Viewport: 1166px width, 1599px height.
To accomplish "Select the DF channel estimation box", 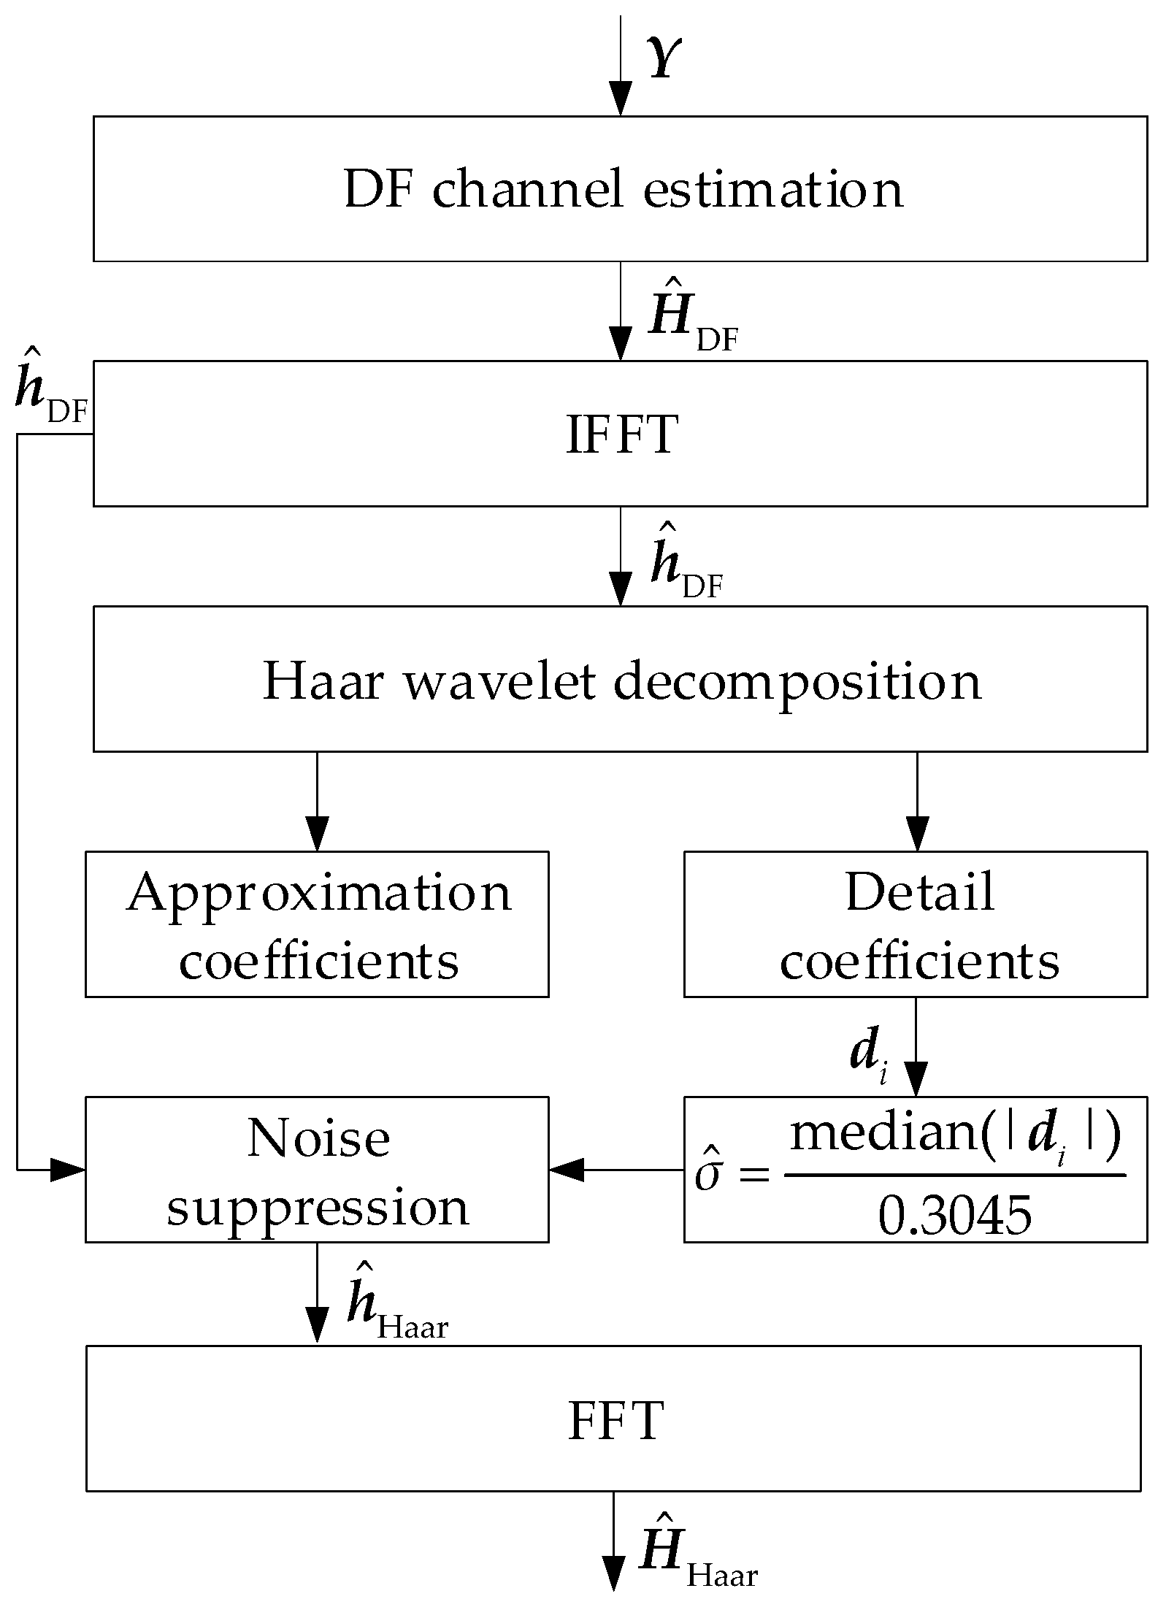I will (x=620, y=188).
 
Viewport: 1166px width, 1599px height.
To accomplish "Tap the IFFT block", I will (x=620, y=434).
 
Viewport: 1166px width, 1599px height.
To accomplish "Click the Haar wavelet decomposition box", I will (x=620, y=679).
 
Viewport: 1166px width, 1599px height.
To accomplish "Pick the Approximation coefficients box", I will (x=317, y=924).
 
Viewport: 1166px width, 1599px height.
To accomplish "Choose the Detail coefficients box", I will (x=916, y=924).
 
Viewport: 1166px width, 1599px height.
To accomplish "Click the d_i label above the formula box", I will (x=867, y=1056).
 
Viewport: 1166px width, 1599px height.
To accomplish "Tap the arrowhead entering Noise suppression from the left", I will (x=67, y=1170).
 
